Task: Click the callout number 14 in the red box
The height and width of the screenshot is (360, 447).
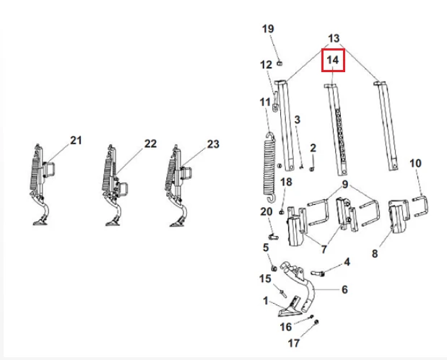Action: click(x=333, y=60)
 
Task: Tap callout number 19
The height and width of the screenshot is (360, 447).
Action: click(x=268, y=29)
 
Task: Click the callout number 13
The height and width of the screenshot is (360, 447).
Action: click(x=334, y=38)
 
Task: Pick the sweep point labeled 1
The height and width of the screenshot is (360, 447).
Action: click(x=290, y=308)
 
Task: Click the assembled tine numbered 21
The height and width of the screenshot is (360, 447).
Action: click(x=40, y=185)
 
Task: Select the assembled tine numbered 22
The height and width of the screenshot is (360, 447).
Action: click(x=114, y=185)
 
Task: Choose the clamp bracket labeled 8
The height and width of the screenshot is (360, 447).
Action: click(x=399, y=216)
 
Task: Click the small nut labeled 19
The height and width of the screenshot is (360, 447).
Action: click(x=279, y=63)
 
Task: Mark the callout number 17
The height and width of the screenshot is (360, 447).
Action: click(x=294, y=343)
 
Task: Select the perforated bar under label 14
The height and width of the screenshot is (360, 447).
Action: click(x=336, y=130)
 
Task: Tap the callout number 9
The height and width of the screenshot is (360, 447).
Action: click(x=345, y=184)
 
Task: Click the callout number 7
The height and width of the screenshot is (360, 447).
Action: click(x=324, y=249)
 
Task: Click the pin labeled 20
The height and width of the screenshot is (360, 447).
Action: click(x=273, y=237)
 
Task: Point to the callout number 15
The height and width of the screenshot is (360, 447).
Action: click(x=265, y=278)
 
